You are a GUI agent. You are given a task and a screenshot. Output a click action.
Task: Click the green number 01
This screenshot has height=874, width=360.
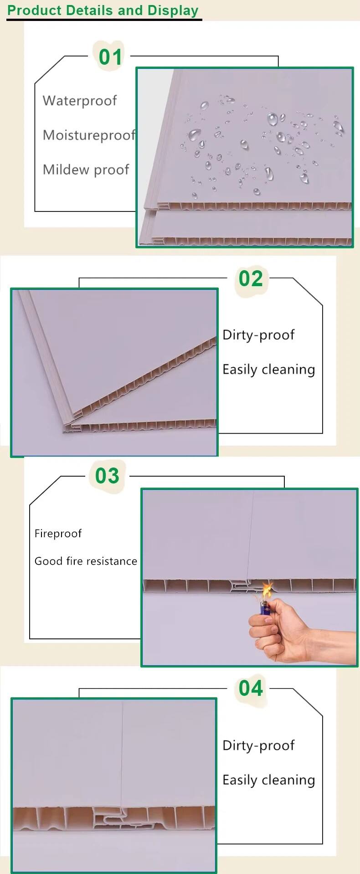pos(111,57)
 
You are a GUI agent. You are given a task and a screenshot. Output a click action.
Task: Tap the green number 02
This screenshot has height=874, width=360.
pos(251,278)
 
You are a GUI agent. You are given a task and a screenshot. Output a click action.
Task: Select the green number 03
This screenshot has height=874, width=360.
pos(107,476)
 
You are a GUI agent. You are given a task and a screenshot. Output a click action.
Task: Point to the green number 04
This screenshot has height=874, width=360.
pos(251,688)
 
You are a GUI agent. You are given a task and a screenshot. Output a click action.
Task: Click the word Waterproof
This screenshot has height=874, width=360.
pos(80,101)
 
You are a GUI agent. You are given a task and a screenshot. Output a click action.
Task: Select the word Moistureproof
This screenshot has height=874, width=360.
pos(89,135)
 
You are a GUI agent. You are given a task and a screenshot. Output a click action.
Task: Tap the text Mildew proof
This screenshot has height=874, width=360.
pos(86,170)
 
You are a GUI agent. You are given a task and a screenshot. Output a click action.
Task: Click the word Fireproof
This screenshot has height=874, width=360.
pos(58,534)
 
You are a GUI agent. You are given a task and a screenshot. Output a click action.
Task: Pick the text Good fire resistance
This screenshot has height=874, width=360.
pos(86,561)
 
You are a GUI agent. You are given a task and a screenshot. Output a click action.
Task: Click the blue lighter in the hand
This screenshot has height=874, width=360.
pos(265,607)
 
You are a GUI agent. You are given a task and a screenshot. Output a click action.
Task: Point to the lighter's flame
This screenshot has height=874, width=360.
pos(267,591)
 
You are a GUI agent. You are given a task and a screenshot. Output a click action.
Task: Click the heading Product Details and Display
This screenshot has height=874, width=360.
pos(103,10)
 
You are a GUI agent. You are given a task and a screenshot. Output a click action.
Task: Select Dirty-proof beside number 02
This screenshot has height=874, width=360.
pos(258,335)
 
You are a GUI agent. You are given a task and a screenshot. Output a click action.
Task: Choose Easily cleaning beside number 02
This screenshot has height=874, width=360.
pos(269,370)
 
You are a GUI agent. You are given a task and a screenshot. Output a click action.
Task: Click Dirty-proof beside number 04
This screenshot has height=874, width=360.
pos(258,745)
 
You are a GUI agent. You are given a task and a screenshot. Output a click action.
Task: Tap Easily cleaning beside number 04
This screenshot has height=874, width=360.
pos(269,780)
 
